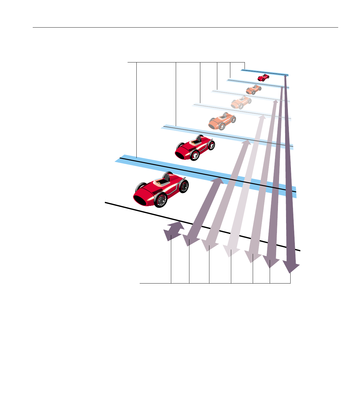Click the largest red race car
pyautogui.click(x=161, y=190)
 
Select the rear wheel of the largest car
pyautogui.click(x=183, y=186)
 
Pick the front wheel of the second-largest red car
pyautogui.click(x=195, y=156)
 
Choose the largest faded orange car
pyautogui.click(x=222, y=121)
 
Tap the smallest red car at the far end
pyautogui.click(x=263, y=78)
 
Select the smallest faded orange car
pyautogui.click(x=253, y=89)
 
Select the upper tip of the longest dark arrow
pyautogui.click(x=285, y=77)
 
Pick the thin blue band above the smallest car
pyautogui.click(x=264, y=72)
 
